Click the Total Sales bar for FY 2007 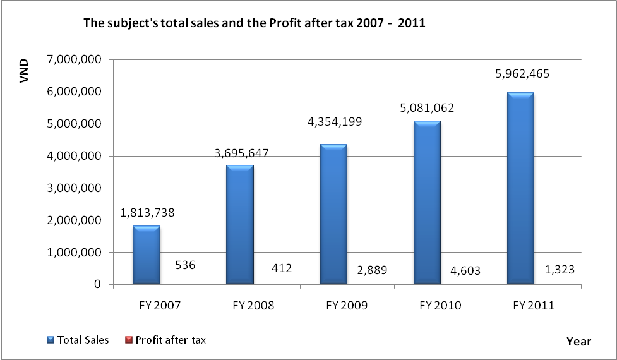pyautogui.click(x=146, y=255)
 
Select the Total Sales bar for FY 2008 pyautogui.click(x=239, y=225)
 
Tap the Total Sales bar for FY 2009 pyautogui.click(x=333, y=214)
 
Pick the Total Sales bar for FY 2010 pyautogui.click(x=428, y=202)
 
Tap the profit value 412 pyautogui.click(x=281, y=268)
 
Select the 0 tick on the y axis pyautogui.click(x=99, y=285)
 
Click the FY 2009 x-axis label pyautogui.click(x=346, y=306)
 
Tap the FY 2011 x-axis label pyautogui.click(x=534, y=306)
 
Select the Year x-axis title pyautogui.click(x=578, y=341)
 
